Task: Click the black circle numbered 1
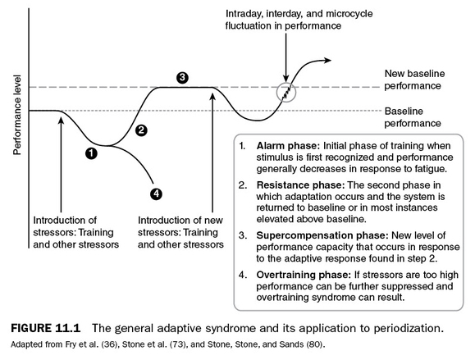pos(91,153)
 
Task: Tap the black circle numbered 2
pos(141,130)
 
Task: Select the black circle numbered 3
pos(182,78)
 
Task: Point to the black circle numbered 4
pos(156,194)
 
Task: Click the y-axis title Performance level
pos(17,115)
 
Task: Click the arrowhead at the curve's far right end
pos(328,60)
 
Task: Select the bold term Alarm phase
pos(288,146)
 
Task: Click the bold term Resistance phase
pos(300,185)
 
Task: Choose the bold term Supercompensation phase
pos(322,235)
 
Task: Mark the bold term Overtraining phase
pos(304,275)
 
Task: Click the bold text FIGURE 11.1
pos(46,328)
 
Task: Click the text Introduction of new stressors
pos(180,226)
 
